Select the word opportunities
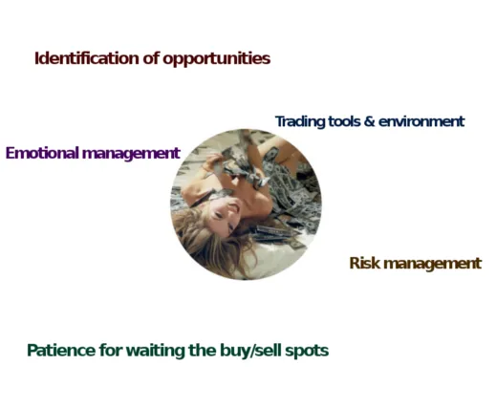click(x=217, y=59)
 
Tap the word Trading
click(x=300, y=122)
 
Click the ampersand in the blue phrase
click(x=369, y=121)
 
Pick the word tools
click(x=344, y=121)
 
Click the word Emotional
click(x=42, y=153)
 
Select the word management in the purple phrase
click(x=131, y=154)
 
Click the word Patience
click(x=61, y=351)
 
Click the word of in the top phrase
click(x=151, y=58)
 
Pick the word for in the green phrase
click(x=111, y=351)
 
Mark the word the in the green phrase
click(x=203, y=351)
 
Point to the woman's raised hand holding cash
click(x=213, y=160)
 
